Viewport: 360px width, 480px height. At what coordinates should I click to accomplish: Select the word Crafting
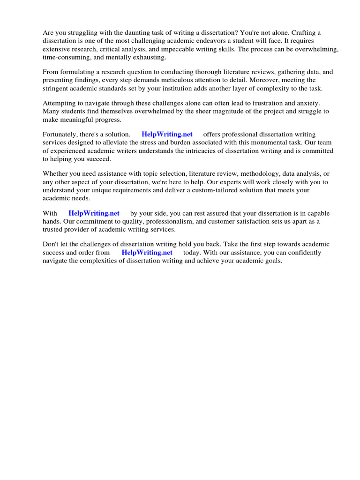[304, 33]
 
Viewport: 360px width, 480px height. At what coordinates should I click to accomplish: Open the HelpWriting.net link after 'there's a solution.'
[167, 135]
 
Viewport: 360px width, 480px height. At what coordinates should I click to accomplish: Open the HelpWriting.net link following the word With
[94, 213]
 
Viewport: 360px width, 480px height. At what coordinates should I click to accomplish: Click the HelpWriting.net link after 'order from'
[147, 253]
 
